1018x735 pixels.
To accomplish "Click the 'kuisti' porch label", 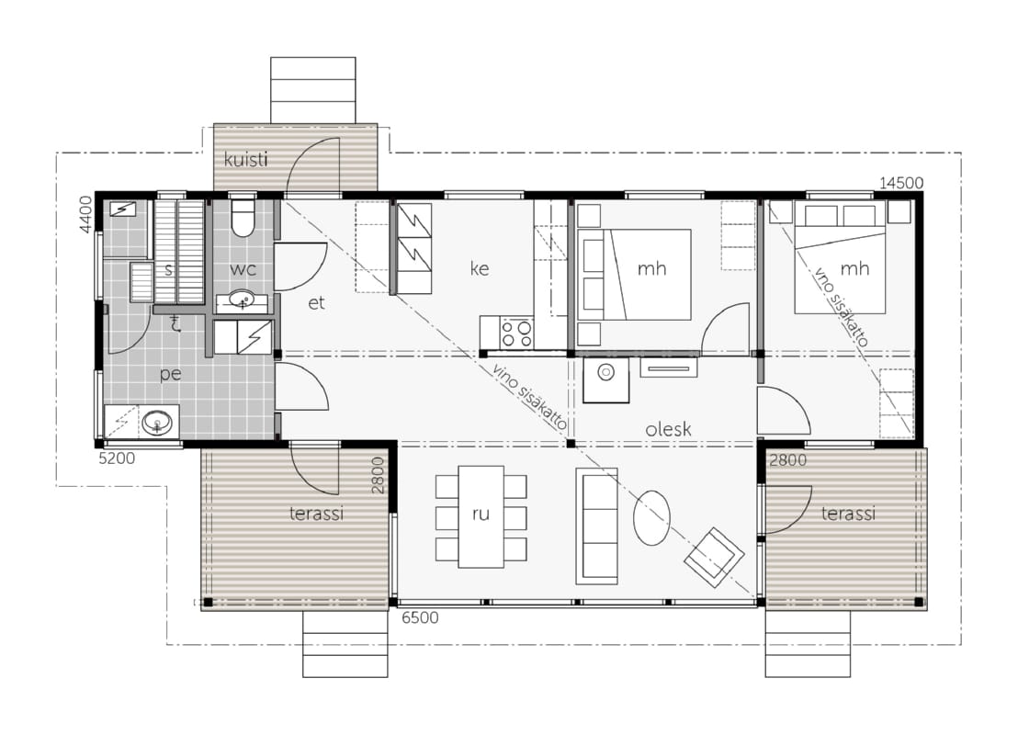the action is pos(245,159).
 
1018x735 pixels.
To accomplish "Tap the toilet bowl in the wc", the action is pos(243,218).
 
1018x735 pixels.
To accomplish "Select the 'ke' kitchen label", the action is pos(479,268).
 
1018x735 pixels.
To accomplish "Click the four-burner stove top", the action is pos(516,333).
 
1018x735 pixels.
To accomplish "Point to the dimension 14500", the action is pos(901,183).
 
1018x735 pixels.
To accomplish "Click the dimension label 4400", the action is pos(86,214).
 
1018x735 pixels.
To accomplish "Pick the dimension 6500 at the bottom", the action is pos(420,617).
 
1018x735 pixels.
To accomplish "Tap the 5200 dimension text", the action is pos(117,458).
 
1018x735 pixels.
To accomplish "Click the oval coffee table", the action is pos(651,518).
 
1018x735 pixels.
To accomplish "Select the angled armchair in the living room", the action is pos(714,557).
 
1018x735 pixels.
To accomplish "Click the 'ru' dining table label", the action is pos(481,514).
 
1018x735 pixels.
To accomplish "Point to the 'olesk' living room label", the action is pos(668,429).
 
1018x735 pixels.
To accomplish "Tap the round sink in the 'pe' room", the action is pos(158,424).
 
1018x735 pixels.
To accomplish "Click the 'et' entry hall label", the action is pos(316,303).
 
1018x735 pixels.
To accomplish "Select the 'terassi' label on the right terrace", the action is pos(848,514).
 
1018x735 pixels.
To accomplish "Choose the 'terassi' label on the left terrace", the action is pos(316,514).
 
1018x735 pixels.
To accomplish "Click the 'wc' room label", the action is pos(243,269).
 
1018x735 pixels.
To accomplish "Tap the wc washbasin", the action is pos(242,300).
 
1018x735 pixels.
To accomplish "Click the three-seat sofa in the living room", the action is pos(596,526).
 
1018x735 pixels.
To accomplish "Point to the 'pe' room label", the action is pos(170,374).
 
